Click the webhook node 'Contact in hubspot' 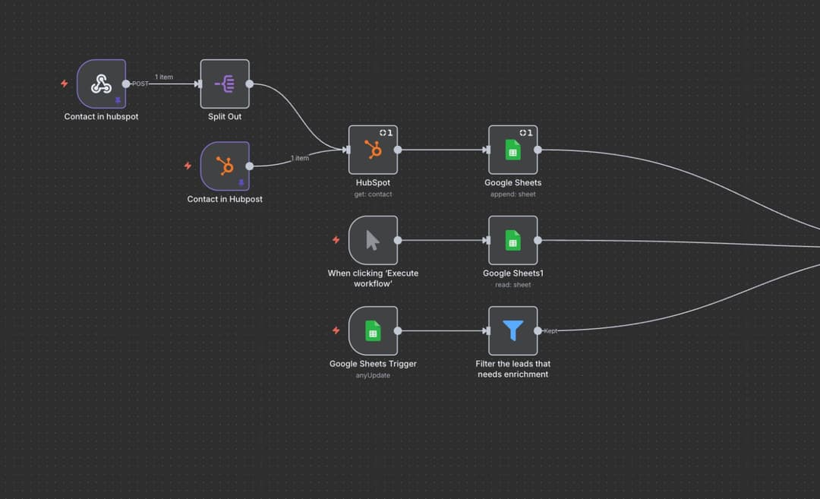pyautogui.click(x=101, y=84)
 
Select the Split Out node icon pyautogui.click(x=225, y=84)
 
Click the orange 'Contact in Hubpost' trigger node pyautogui.click(x=225, y=166)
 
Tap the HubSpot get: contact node pyautogui.click(x=373, y=150)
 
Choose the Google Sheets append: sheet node pyautogui.click(x=512, y=150)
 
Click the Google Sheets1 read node pyautogui.click(x=512, y=240)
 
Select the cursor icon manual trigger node pyautogui.click(x=373, y=240)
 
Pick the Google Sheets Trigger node pyautogui.click(x=373, y=330)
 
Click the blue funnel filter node pyautogui.click(x=512, y=330)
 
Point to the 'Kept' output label pyautogui.click(x=550, y=331)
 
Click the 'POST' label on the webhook pyautogui.click(x=140, y=84)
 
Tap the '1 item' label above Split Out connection pyautogui.click(x=164, y=77)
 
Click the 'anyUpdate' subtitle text pyautogui.click(x=373, y=375)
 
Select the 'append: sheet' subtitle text pyautogui.click(x=512, y=194)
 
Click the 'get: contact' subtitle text pyautogui.click(x=373, y=194)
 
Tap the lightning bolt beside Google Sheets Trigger pyautogui.click(x=336, y=330)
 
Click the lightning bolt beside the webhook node pyautogui.click(x=64, y=84)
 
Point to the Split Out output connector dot pyautogui.click(x=250, y=84)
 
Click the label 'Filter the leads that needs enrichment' pyautogui.click(x=512, y=369)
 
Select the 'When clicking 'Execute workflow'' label pyautogui.click(x=373, y=278)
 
